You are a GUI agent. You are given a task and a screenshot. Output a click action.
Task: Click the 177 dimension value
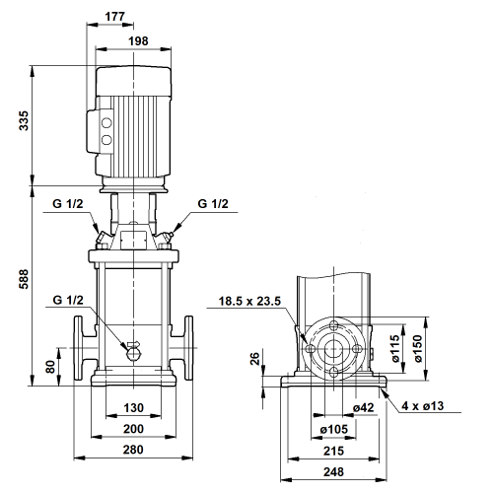[x=114, y=17]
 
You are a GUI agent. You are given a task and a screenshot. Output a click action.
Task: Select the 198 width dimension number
[x=138, y=41]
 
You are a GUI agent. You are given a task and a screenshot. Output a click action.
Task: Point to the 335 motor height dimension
[x=24, y=121]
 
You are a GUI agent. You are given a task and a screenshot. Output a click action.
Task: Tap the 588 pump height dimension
[x=24, y=279]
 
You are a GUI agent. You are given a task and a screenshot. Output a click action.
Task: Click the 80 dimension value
[x=50, y=367]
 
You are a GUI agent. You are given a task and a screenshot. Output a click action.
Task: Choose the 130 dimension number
[x=133, y=408]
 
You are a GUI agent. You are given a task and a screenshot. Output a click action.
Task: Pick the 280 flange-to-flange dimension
[x=133, y=450]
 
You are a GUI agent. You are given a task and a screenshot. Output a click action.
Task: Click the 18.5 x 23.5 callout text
[x=249, y=301]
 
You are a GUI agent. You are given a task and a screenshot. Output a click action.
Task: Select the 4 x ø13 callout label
[x=422, y=406]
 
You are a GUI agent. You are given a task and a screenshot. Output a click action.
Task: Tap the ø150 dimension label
[x=418, y=349]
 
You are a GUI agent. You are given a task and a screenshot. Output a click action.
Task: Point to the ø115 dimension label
[x=395, y=349]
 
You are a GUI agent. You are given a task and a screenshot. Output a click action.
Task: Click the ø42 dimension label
[x=364, y=408]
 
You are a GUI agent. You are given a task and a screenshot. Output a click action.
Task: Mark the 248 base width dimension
[x=333, y=472]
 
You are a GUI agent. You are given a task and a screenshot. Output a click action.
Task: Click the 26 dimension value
[x=254, y=358]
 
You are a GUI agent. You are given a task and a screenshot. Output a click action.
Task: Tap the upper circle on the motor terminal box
[x=106, y=123]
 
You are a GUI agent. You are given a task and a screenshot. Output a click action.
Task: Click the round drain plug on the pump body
[x=133, y=354]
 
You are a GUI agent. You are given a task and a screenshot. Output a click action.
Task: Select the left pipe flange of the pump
[x=78, y=348]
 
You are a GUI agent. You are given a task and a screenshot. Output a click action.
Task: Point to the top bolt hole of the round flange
[x=333, y=326]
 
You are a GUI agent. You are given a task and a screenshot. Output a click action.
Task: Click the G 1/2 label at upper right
[x=213, y=204]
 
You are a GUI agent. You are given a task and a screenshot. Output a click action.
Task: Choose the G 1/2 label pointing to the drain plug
[x=68, y=300]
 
